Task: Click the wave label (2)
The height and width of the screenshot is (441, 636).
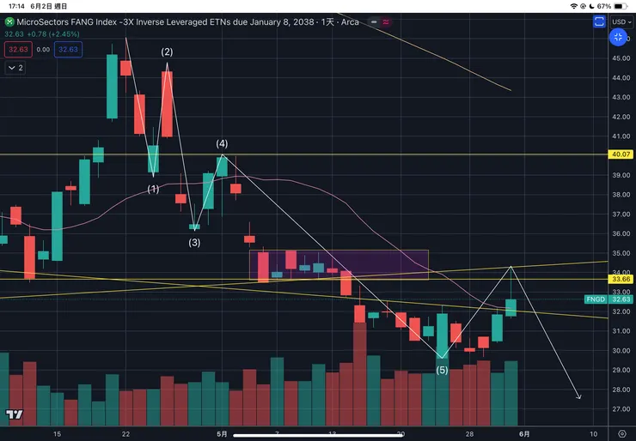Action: [168, 52]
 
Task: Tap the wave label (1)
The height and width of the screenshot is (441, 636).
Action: [153, 189]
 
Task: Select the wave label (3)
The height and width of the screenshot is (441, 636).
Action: [195, 243]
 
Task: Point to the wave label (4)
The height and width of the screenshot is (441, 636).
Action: [222, 143]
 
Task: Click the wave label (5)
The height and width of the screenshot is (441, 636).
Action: [442, 371]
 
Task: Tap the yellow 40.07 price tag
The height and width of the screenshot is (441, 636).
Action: [619, 155]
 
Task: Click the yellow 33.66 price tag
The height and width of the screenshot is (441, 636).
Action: [619, 279]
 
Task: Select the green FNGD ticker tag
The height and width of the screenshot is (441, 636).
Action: [595, 299]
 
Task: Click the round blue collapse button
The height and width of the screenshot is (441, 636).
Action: [618, 37]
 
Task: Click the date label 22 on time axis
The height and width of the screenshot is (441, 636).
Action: [126, 434]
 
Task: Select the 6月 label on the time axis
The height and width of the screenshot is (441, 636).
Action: [523, 434]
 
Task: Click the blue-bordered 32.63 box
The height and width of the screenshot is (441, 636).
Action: [67, 50]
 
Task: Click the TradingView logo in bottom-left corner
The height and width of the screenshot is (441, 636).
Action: [13, 415]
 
